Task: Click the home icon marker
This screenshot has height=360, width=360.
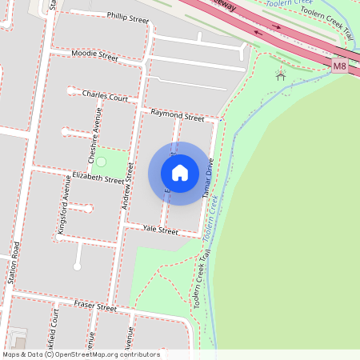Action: tap(180, 173)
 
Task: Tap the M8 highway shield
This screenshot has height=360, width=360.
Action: tap(341, 66)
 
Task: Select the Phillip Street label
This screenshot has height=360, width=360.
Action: tap(128, 18)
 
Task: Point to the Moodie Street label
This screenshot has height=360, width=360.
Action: tap(94, 56)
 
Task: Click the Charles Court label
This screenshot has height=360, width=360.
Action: tap(105, 95)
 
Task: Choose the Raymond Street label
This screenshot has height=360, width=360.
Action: tap(178, 115)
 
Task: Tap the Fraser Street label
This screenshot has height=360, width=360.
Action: tap(95, 306)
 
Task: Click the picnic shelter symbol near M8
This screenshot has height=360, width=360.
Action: tap(280, 75)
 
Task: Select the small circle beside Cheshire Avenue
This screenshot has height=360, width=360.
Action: tap(102, 162)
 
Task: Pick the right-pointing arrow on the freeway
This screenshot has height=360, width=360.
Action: tap(277, 26)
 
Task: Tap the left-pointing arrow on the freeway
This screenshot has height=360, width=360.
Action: tap(258, 34)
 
